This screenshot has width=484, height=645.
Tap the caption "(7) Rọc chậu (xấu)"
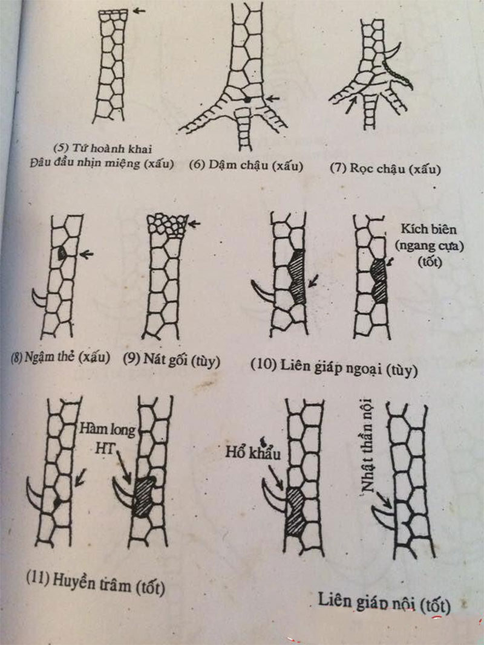click(385, 168)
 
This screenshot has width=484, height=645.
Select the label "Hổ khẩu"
click(252, 453)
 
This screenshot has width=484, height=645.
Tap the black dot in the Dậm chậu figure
click(247, 98)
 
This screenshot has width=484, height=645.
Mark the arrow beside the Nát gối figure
click(194, 224)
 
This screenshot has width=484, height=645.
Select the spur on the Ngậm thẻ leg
click(39, 297)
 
